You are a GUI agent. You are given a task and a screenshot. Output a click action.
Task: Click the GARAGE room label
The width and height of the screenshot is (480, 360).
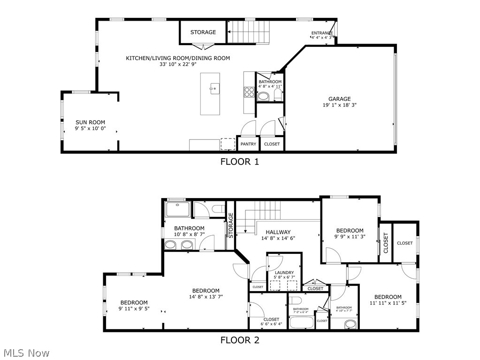[339, 99]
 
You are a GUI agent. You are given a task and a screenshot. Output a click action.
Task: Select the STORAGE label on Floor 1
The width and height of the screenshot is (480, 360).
[203, 32]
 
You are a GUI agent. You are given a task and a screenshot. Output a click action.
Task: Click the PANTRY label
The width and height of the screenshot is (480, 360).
[248, 144]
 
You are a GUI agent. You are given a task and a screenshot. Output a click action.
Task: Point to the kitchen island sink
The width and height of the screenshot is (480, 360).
[213, 88]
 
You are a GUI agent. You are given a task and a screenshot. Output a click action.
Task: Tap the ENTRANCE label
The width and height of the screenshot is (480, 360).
[322, 33]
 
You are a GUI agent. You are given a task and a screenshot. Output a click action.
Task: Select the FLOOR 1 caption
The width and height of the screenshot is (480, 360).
[240, 162]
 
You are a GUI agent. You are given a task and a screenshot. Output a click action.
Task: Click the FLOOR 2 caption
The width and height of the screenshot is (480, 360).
[240, 340]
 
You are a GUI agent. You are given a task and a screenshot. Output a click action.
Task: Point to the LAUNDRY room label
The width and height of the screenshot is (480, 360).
[284, 273]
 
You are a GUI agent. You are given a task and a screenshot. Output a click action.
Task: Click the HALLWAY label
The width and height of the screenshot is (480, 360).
[278, 232]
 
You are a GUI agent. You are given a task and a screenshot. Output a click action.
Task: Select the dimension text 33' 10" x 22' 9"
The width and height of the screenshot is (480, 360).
[178, 65]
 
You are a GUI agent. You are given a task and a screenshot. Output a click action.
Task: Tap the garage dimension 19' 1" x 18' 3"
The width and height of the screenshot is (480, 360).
[339, 105]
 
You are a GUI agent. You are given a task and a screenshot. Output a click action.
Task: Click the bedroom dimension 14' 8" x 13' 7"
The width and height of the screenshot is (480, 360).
[206, 297]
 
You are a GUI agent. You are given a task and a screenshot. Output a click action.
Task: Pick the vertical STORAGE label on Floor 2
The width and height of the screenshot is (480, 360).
[231, 225]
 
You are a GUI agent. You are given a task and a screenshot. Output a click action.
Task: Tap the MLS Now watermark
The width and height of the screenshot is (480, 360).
[26, 352]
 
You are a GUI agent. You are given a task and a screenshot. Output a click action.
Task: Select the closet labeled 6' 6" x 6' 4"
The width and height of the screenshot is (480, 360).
[271, 322]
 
